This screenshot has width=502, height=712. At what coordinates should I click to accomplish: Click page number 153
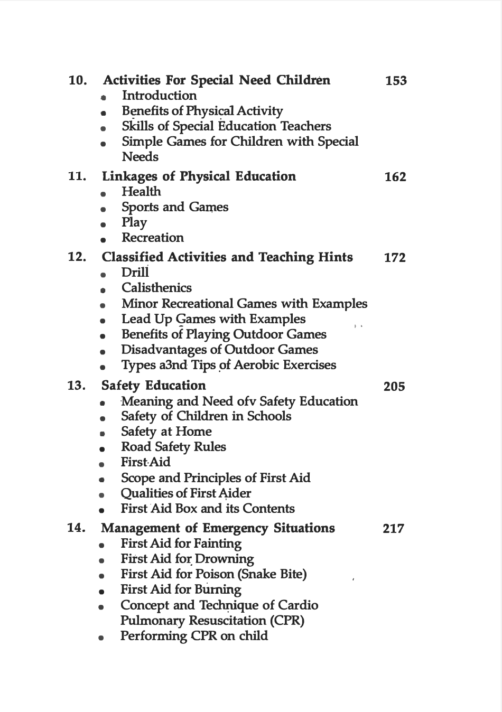396,81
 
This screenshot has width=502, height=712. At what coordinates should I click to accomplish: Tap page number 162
395,177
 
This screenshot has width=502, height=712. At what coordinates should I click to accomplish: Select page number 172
395,258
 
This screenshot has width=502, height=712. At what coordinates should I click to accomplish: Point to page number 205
394,387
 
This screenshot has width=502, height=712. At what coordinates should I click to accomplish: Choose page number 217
394,529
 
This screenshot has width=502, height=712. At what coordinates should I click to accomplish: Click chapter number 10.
78,81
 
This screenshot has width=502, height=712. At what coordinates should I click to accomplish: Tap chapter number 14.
77,528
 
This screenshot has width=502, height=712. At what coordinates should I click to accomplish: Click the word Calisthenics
156,288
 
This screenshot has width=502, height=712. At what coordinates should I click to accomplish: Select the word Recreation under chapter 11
152,238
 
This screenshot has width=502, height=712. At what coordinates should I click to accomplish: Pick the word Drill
135,273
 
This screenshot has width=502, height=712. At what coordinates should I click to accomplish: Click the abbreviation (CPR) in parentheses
285,621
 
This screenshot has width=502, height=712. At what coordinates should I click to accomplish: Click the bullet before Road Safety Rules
101,449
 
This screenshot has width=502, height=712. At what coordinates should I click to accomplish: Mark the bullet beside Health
103,194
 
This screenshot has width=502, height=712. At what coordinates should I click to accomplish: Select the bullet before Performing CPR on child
101,638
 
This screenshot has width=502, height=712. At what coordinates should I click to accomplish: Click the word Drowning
225,559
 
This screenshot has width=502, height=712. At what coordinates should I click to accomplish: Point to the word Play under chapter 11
134,223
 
